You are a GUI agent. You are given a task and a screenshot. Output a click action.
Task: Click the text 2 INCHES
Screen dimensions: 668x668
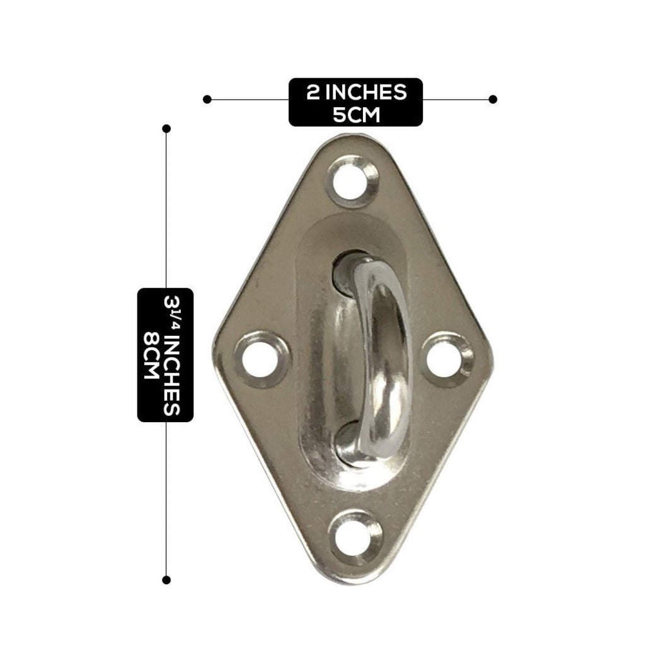tap(356, 92)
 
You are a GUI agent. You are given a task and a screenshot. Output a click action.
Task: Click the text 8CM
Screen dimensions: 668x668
tap(151, 355)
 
